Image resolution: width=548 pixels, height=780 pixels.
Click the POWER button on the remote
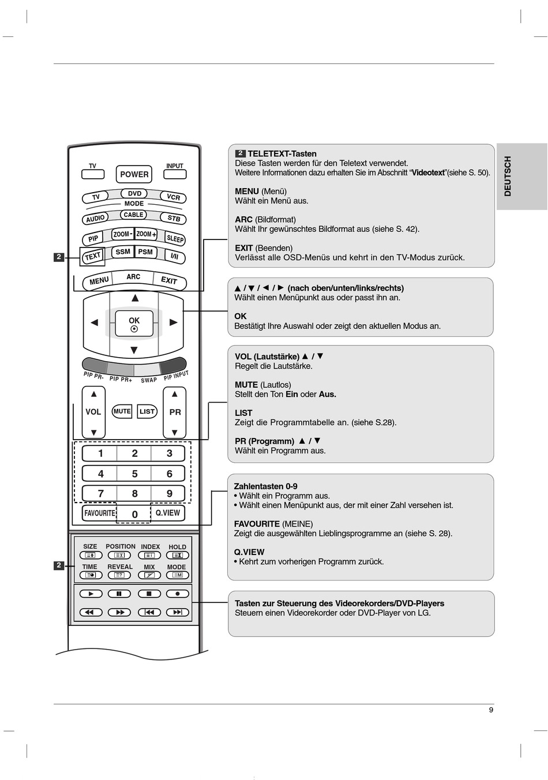[x=134, y=174]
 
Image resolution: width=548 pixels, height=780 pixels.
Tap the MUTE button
[x=122, y=411]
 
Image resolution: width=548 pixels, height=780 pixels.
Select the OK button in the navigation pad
[x=134, y=324]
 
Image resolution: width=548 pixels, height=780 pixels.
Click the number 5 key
[x=134, y=474]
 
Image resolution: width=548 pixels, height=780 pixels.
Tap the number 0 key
[x=134, y=514]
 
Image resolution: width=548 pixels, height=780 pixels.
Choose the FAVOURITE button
[x=99, y=513]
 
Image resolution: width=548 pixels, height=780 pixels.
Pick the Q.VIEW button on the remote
[x=168, y=513]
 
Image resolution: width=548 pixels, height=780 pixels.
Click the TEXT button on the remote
[x=92, y=256]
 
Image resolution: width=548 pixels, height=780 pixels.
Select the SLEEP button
[x=175, y=238]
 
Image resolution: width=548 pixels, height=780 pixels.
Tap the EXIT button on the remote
[x=169, y=280]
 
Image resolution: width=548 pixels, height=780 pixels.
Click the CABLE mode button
[x=133, y=215]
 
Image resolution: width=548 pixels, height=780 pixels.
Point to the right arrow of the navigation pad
[x=173, y=322]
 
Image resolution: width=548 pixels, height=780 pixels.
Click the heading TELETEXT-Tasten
[x=281, y=153]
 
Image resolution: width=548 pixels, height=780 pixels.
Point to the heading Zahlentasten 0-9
[x=265, y=486]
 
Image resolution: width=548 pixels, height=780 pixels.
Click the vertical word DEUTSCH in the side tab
[x=508, y=176]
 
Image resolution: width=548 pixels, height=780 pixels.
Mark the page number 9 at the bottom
[x=491, y=710]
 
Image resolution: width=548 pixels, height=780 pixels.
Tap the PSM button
[x=145, y=252]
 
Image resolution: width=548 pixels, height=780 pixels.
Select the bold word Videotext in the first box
[x=428, y=172]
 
